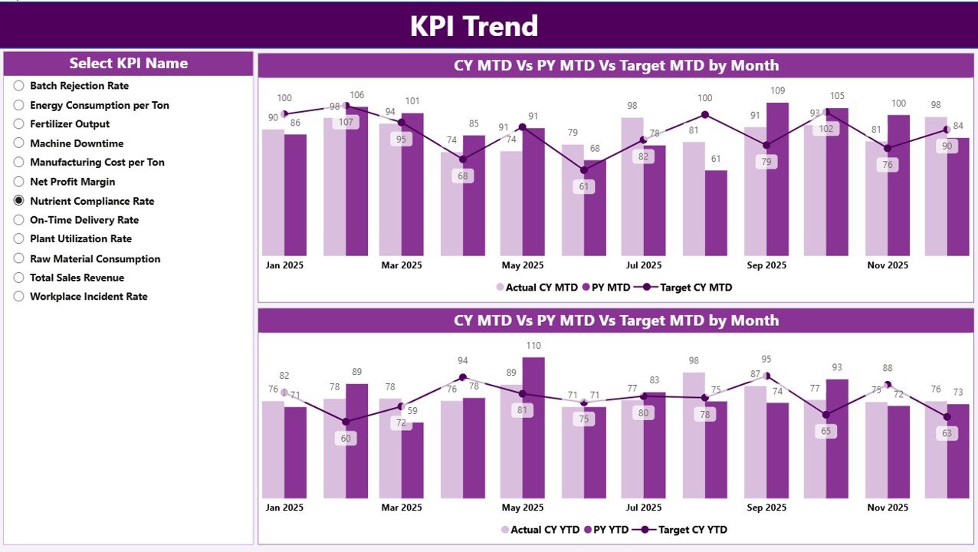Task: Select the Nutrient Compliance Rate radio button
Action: (x=19, y=201)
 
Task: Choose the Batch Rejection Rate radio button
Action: (x=19, y=86)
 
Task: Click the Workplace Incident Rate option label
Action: (x=88, y=297)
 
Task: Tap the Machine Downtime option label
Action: (x=77, y=143)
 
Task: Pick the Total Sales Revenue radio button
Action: (x=19, y=278)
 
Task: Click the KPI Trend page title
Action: (x=474, y=26)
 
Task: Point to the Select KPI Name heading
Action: (x=128, y=64)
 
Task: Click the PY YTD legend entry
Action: (x=607, y=530)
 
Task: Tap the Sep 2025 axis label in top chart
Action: (x=766, y=265)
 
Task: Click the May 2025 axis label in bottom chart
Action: (x=522, y=508)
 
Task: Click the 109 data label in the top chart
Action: (x=777, y=91)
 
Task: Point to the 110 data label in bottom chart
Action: (x=533, y=346)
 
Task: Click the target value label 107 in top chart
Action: (x=346, y=122)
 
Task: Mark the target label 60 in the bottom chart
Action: (x=346, y=439)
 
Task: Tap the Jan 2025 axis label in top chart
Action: (x=284, y=265)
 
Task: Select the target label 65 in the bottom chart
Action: (x=825, y=431)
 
